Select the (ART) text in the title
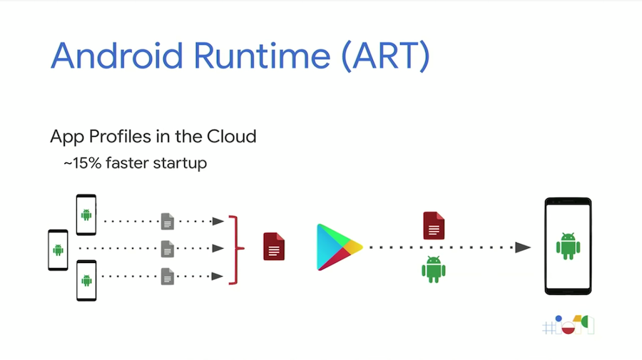tap(386, 56)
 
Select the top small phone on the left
tap(86, 214)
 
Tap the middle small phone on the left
tap(58, 250)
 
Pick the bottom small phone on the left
tap(86, 280)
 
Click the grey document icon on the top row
tap(168, 221)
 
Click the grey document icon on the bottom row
tap(168, 276)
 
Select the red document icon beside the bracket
tap(274, 246)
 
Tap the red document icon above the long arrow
tap(434, 225)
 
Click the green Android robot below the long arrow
tap(434, 269)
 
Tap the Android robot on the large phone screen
tap(568, 245)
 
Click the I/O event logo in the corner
tap(568, 325)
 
